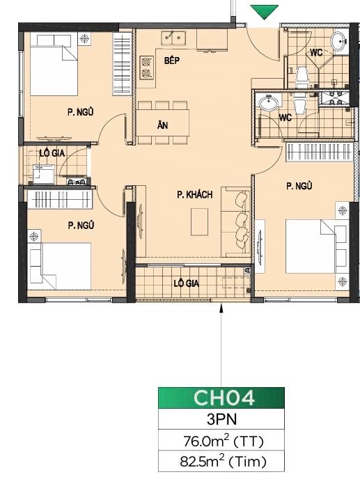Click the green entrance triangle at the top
[264, 12]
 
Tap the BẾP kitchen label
[172, 60]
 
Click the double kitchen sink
[173, 38]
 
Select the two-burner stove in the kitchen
[146, 68]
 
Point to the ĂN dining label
[162, 125]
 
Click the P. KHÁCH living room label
[195, 195]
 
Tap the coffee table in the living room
[200, 222]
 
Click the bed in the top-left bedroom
[54, 65]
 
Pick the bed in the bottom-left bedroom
[60, 266]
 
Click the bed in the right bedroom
[315, 246]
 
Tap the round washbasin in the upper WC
[339, 41]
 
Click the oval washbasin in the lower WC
[269, 102]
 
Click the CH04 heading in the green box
[224, 398]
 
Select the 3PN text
[221, 419]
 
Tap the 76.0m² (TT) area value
[224, 441]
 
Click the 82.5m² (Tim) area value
[223, 462]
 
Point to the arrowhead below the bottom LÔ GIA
[221, 308]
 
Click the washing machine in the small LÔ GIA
[43, 174]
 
